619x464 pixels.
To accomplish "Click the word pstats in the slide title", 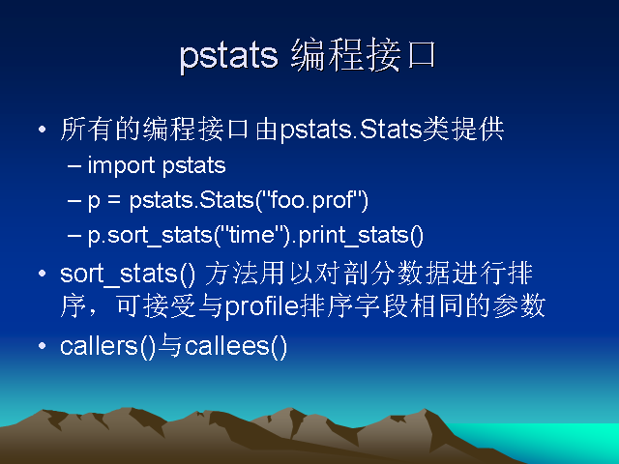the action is pyautogui.click(x=228, y=56).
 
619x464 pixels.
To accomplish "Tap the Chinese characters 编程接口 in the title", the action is pyautogui.click(x=364, y=55).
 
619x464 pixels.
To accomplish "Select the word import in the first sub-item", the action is pyautogui.click(x=121, y=165).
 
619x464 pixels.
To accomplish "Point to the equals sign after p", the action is pyautogui.click(x=114, y=200).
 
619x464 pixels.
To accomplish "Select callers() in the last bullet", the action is pyautogui.click(x=107, y=346).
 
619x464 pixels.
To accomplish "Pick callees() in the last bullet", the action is pyautogui.click(x=236, y=346).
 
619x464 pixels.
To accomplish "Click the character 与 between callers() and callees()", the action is pyautogui.click(x=170, y=346).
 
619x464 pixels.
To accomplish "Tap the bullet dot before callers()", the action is pyautogui.click(x=43, y=346).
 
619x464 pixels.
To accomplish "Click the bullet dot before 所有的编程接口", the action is pyautogui.click(x=43, y=129).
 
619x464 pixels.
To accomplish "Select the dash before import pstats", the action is pyautogui.click(x=74, y=166).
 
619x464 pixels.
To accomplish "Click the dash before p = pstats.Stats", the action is pyautogui.click(x=74, y=201).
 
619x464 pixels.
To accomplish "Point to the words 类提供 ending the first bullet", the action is pyautogui.click(x=463, y=129).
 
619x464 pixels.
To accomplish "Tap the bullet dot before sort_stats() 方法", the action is pyautogui.click(x=43, y=274).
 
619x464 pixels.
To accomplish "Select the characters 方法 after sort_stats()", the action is pyautogui.click(x=231, y=273).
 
